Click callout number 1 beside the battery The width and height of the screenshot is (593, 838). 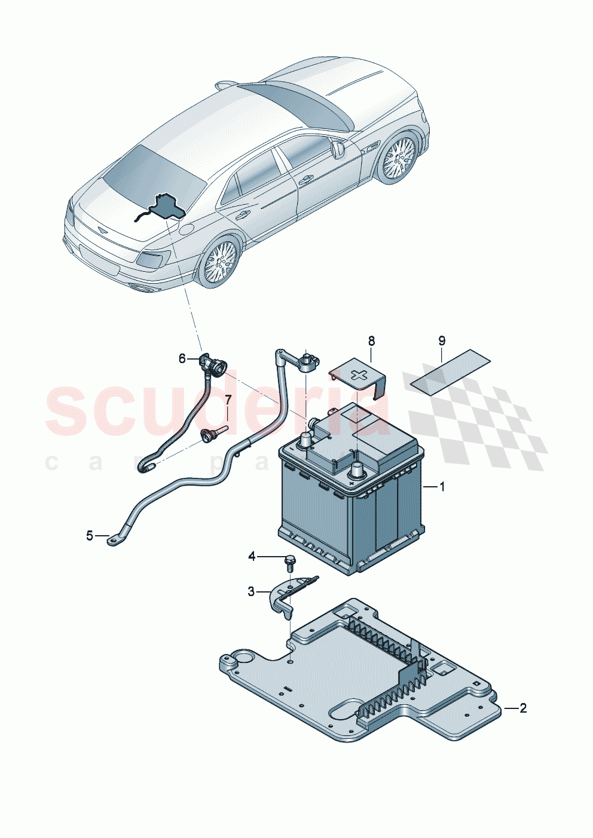(442, 487)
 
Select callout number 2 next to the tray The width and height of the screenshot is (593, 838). (523, 708)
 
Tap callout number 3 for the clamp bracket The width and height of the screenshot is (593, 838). (251, 591)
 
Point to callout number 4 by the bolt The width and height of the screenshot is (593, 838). (252, 557)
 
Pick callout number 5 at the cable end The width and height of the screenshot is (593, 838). (90, 536)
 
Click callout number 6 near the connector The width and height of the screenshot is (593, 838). (182, 358)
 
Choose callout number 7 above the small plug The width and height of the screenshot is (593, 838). (228, 399)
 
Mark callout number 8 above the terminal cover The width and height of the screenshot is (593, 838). (371, 341)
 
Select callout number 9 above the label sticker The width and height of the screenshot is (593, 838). (442, 341)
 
